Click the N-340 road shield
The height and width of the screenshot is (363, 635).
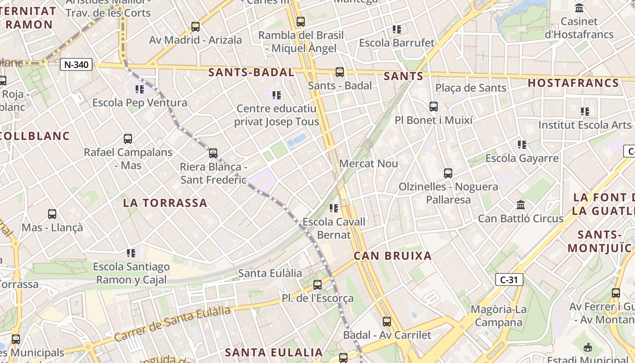click(x=76, y=64)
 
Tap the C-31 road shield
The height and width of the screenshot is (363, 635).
click(x=509, y=280)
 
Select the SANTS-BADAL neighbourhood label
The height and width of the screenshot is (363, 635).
click(x=251, y=72)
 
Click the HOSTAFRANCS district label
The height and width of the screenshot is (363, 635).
click(x=573, y=83)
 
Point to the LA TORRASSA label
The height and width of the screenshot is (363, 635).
click(x=165, y=203)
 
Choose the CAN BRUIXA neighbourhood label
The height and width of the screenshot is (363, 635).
click(x=393, y=255)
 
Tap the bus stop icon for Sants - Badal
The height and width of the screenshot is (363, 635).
click(x=340, y=72)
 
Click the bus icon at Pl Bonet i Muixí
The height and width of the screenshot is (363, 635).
click(x=434, y=107)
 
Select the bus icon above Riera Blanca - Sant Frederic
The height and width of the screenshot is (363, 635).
click(x=213, y=153)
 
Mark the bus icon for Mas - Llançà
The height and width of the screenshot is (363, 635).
click(x=52, y=214)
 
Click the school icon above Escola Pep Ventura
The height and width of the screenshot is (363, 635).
click(x=139, y=89)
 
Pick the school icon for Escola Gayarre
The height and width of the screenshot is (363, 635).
click(x=522, y=145)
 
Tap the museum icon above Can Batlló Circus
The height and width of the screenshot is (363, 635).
click(x=521, y=205)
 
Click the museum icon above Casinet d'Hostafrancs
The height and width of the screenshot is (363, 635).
click(x=579, y=8)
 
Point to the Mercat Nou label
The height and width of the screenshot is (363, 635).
click(x=368, y=163)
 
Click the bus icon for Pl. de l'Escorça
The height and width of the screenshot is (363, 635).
click(x=317, y=285)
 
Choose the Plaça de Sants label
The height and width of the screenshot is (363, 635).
click(x=471, y=88)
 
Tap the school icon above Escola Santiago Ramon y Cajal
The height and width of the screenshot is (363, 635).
click(x=131, y=253)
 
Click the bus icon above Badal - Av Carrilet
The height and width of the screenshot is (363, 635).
click(x=387, y=322)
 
